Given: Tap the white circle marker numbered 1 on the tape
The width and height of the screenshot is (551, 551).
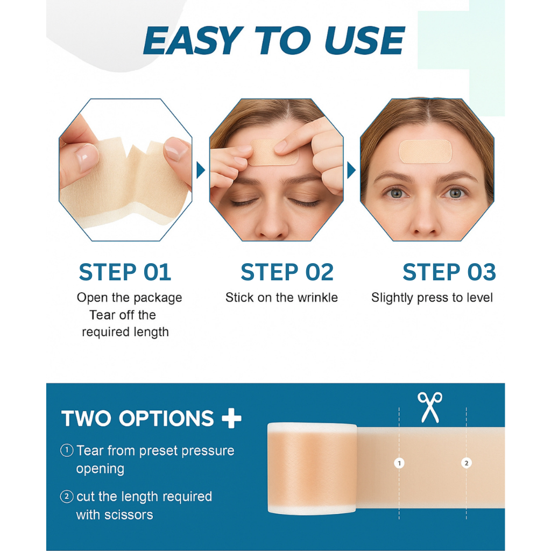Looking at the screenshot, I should [399, 463].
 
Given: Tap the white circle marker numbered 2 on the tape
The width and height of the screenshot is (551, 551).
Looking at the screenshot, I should [466, 463].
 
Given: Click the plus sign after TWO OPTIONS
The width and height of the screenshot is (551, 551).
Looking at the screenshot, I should [231, 419].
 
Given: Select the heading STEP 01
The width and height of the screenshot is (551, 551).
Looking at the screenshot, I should [125, 272].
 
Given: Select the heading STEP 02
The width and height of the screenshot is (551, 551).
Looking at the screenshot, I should [287, 272].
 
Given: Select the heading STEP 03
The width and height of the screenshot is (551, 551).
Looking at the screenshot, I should [449, 272].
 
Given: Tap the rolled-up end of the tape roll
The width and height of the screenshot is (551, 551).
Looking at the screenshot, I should [312, 468].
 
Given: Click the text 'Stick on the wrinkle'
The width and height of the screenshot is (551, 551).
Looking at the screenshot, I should [281, 298].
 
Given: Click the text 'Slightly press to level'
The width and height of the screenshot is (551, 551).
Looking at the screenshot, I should [432, 298].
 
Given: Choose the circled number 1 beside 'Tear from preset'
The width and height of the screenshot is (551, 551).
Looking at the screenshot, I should [67, 450].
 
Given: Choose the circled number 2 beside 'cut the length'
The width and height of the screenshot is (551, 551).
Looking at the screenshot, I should [67, 497].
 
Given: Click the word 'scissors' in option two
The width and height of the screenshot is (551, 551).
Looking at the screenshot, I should [129, 515].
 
